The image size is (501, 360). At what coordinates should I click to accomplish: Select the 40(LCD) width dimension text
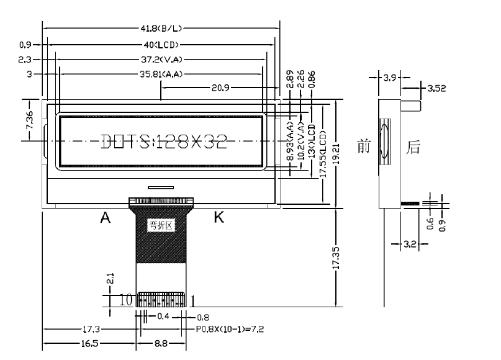pos(161,45)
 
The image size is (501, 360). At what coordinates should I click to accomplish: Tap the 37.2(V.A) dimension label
pos(161,60)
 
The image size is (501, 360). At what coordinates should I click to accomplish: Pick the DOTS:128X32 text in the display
pos(163,142)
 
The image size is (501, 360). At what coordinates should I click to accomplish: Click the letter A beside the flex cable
pos(106,217)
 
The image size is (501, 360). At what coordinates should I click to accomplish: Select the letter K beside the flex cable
pos(219,217)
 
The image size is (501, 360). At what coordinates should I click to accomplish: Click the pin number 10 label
pos(126,300)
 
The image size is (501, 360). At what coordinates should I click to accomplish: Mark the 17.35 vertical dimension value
pos(336,258)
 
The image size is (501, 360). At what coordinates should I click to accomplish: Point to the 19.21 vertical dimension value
pos(336,152)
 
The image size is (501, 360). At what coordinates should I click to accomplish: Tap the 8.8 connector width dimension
pos(160,343)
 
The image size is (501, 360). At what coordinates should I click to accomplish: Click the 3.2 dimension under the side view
pos(410,245)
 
